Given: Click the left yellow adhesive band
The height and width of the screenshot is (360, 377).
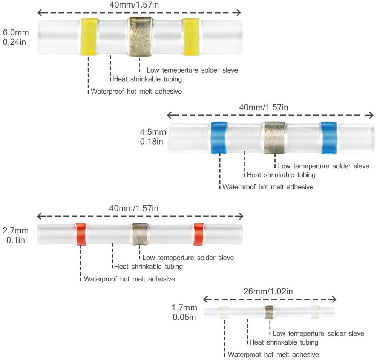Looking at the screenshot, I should click(x=89, y=36).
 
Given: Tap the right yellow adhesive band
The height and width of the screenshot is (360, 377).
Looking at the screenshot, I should click(x=192, y=36).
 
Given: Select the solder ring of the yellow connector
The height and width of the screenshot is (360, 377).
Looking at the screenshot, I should click(x=140, y=36).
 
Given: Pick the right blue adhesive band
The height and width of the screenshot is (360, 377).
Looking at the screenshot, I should click(x=329, y=138).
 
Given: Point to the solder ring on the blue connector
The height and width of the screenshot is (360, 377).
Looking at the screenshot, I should click(x=274, y=138).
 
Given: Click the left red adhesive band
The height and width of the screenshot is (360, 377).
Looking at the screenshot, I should click(x=81, y=234).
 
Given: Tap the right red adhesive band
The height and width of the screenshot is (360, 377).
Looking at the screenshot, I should click(x=199, y=234).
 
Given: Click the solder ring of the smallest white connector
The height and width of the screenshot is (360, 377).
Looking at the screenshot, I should click(x=269, y=312).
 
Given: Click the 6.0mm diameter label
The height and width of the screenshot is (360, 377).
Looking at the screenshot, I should click(x=15, y=33).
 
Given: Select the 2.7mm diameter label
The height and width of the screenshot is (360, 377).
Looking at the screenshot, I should click(x=15, y=230).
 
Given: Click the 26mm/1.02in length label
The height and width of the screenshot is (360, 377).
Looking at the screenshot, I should click(x=269, y=291).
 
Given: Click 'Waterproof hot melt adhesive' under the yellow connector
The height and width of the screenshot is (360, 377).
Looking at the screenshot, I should click(x=136, y=91).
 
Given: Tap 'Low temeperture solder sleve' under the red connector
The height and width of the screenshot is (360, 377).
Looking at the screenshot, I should click(x=188, y=258).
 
